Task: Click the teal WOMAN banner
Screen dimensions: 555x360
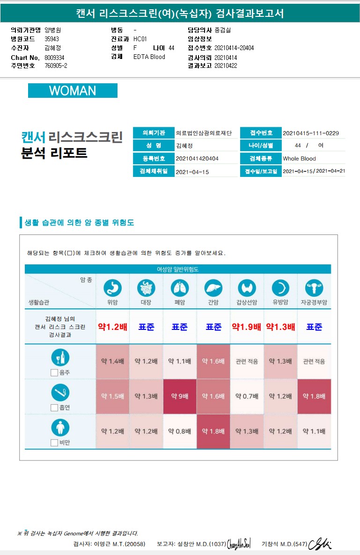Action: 73,91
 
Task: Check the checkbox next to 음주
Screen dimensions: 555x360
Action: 54,372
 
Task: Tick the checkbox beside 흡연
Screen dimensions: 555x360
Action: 54,408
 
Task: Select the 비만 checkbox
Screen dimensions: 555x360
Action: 54,442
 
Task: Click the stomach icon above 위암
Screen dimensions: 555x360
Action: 112,288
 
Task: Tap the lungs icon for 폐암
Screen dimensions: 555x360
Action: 180,288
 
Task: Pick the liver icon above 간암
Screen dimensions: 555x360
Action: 213,288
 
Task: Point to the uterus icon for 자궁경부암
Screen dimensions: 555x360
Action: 314,288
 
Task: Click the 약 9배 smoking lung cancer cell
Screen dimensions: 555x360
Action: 180,396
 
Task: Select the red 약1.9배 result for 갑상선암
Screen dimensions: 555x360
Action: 247,327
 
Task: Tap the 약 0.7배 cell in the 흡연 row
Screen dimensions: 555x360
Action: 247,396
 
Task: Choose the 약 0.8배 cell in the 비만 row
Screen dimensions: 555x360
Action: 180,431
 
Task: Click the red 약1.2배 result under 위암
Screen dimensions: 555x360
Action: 112,327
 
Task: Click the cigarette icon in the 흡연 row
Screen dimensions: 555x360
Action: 60,393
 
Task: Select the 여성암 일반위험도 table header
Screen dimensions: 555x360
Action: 177,269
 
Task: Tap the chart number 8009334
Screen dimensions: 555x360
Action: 54,57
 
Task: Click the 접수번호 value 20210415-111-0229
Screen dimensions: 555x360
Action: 311,133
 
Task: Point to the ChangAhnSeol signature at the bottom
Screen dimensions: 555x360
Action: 239,544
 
